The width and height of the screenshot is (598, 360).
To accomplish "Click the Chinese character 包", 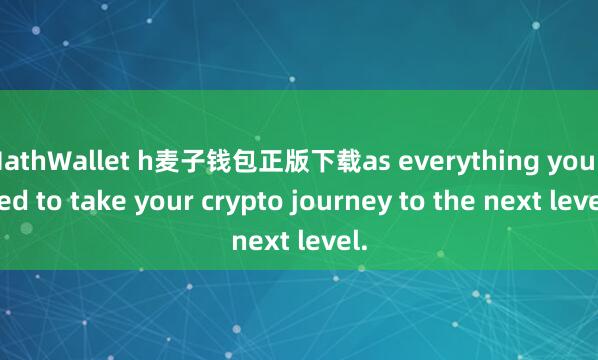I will [211, 159].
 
